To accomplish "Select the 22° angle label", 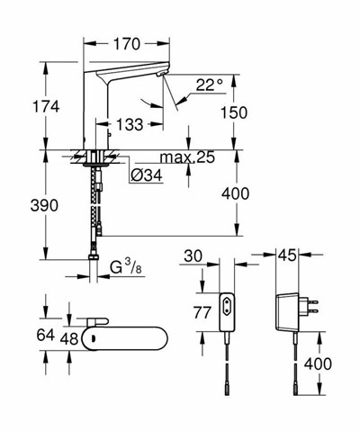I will (x=208, y=85).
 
